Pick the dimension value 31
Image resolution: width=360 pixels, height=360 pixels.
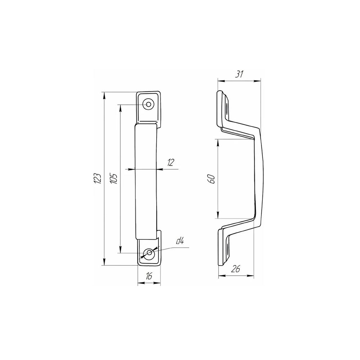(239, 75)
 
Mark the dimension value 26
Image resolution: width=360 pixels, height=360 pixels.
(236, 269)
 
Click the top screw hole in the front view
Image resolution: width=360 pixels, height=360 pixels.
(149, 104)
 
